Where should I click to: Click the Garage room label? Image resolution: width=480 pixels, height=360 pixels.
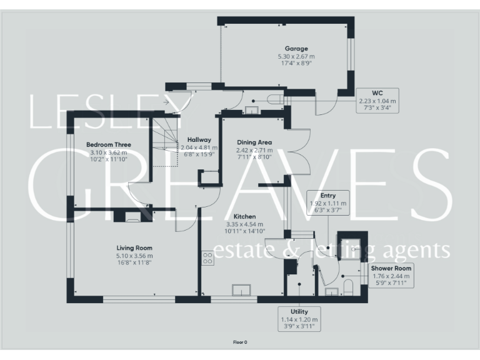[x=297, y=48]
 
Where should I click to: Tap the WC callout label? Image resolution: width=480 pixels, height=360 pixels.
[x=377, y=93]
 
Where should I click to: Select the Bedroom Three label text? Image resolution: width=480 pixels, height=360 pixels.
[x=109, y=144]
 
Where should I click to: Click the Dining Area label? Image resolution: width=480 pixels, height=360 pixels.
[x=254, y=142]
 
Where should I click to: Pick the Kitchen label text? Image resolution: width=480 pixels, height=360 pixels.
[x=245, y=216]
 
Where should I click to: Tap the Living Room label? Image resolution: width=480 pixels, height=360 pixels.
[x=134, y=247]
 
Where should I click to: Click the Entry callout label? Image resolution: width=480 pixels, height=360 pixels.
[x=328, y=196]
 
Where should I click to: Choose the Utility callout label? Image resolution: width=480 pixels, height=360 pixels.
[x=299, y=311]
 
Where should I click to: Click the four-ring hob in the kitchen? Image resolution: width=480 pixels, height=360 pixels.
[x=207, y=259]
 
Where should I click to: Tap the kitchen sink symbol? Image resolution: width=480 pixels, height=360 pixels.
[x=241, y=290]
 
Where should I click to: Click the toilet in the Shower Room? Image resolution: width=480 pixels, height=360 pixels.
[x=349, y=287]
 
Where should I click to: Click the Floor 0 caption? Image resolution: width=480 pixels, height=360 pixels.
[x=240, y=342]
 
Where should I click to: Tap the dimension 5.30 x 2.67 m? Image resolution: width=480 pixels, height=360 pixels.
[x=297, y=56]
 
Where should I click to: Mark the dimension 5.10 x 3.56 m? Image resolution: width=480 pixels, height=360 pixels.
[x=134, y=256]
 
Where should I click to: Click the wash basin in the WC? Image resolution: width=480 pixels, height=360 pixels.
[x=252, y=111]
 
